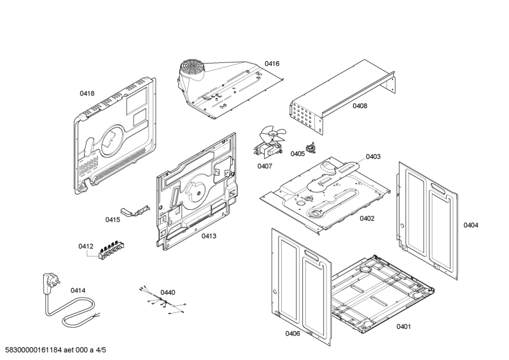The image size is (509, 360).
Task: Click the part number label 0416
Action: pos(272,64)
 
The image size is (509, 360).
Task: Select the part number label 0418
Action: pos(87,93)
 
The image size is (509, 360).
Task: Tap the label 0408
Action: pos(360,106)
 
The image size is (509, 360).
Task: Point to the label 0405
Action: pos(298,154)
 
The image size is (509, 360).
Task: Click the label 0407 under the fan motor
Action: pos(265,167)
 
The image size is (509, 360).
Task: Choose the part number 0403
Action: pos(373,156)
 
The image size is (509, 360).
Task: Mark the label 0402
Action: pos(366,218)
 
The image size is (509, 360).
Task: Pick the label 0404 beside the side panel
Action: pos(471,225)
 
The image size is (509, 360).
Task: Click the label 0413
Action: pos(209,236)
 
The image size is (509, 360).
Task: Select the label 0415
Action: pos(113,219)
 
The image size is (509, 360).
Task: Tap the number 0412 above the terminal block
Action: pos(86,246)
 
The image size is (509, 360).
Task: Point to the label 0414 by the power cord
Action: pos(78,291)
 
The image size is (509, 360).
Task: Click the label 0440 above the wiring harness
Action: pos(167,293)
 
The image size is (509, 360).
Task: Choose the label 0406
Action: pos(293,334)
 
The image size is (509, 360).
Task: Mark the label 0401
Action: pos(403,327)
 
